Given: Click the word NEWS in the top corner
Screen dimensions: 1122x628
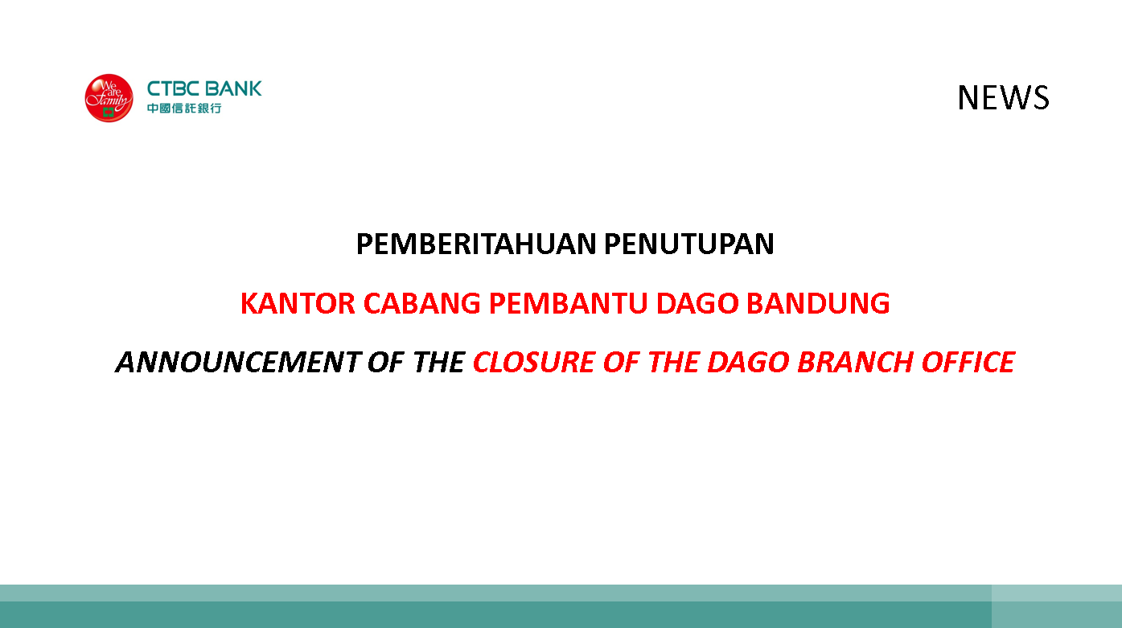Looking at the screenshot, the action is tap(1003, 97).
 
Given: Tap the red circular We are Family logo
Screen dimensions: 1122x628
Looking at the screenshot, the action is tap(109, 97).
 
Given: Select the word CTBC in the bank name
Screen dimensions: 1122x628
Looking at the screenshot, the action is tap(173, 88).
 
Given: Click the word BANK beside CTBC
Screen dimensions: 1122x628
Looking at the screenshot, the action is tap(233, 88).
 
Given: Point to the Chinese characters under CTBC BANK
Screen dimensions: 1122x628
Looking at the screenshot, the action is tap(184, 109).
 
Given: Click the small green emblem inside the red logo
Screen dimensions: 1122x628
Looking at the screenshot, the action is tap(109, 113).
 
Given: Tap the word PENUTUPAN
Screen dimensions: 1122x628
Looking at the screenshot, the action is tap(689, 244).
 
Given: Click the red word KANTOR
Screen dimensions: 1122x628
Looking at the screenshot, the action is tap(298, 303).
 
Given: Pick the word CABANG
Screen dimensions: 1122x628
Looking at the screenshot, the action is tap(422, 303).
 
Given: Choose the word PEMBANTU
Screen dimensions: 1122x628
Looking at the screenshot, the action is tap(569, 303).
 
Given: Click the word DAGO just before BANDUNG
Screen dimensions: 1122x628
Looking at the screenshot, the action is tap(697, 303).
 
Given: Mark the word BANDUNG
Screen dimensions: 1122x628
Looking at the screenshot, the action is tap(818, 303).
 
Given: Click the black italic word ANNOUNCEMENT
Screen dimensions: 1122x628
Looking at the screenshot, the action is tap(238, 362).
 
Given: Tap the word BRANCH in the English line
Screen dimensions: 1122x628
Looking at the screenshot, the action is tap(855, 362).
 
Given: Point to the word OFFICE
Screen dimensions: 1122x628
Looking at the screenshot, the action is tap(968, 362).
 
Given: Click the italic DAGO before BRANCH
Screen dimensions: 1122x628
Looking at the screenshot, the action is tap(748, 362).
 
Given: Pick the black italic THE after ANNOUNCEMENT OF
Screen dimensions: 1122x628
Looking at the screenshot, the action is tap(439, 362).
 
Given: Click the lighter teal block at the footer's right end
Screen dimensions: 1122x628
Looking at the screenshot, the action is tap(1057, 606).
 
